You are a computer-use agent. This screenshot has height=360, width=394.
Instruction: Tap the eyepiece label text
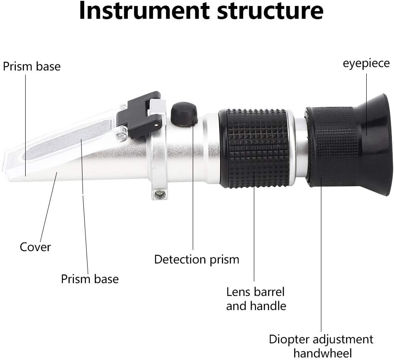(367, 63)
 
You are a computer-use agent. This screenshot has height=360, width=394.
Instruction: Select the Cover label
(35, 247)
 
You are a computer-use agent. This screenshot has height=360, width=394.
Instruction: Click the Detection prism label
(197, 259)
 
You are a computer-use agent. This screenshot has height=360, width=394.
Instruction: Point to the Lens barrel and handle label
(256, 299)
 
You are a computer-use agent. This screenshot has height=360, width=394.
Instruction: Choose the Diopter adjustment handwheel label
(321, 346)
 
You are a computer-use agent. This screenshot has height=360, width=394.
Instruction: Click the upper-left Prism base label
(32, 67)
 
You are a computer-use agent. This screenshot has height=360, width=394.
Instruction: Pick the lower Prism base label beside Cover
(90, 279)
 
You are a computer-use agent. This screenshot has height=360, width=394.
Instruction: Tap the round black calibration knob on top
(184, 113)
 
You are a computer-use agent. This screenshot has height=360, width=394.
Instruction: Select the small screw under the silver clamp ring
(160, 194)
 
